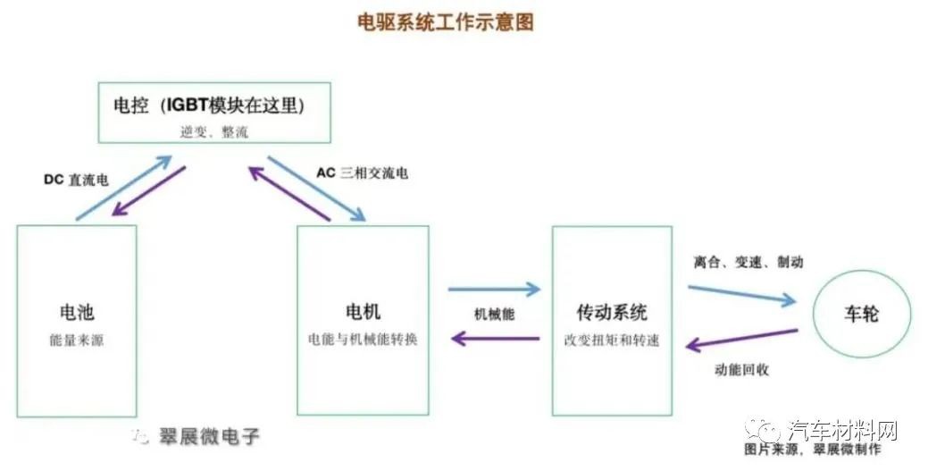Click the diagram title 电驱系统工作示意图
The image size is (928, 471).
point(446,22)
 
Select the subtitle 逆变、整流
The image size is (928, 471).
point(213,130)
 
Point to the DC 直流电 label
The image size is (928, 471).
point(77,180)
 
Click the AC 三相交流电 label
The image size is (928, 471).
point(363,172)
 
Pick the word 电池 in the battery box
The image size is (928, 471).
point(76,312)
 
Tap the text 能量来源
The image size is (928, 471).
point(76,341)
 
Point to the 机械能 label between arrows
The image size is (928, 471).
point(494,314)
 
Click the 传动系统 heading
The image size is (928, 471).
point(612,312)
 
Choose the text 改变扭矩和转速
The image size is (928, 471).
point(612,341)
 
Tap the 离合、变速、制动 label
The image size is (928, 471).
point(748,262)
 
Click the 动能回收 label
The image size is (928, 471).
point(742,369)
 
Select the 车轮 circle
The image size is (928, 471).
point(861,313)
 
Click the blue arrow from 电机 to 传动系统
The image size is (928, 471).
point(495,289)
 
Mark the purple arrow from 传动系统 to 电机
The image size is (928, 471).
point(495,338)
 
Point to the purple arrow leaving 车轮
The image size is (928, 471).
point(741,340)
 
